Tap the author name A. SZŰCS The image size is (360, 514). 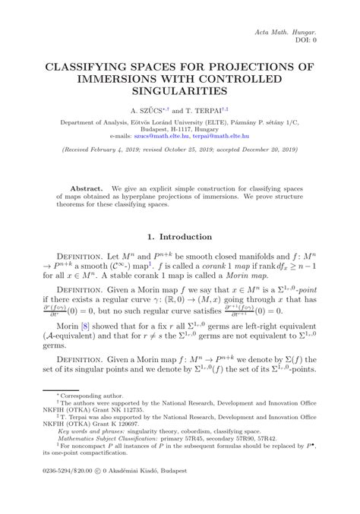[150, 109]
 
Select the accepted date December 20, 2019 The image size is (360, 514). [261, 151]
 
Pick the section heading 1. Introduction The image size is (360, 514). [180, 238]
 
